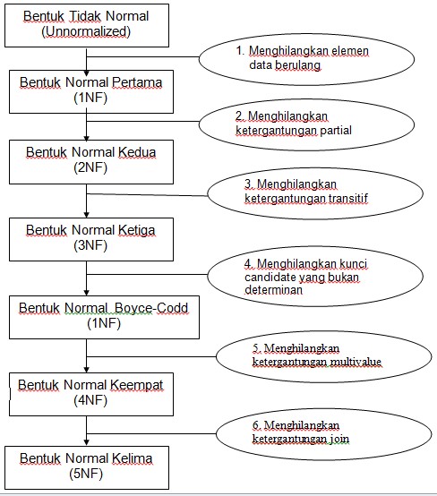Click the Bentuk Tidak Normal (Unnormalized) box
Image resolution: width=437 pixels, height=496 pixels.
point(87,24)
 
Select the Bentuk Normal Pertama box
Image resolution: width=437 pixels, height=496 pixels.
point(87,90)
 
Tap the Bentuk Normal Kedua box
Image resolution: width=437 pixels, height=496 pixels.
point(87,160)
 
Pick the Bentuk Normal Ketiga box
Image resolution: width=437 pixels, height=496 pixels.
point(87,238)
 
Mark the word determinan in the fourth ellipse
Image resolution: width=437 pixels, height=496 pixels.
point(271,290)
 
